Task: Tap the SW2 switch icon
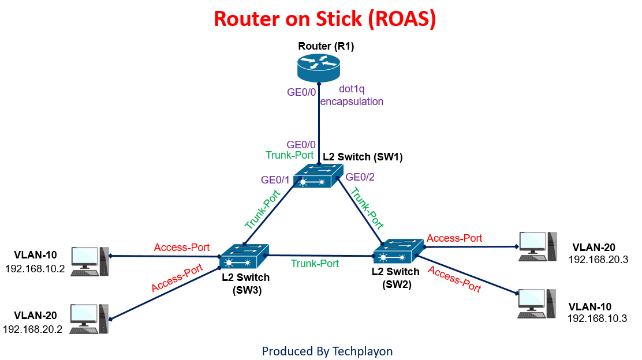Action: [398, 252]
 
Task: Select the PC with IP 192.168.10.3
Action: [538, 302]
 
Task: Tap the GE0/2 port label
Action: [360, 177]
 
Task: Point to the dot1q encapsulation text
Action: [352, 96]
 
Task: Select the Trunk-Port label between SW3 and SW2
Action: [315, 264]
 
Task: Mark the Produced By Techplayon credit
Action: [327, 351]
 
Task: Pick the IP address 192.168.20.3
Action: [598, 260]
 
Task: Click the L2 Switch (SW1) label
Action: [363, 156]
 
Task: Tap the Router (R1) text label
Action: [326, 46]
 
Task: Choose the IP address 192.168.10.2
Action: [35, 269]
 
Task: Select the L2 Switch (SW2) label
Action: [396, 277]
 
